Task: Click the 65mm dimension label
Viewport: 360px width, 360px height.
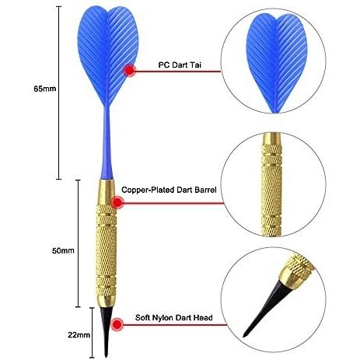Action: coord(45,89)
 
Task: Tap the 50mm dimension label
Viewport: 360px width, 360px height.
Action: coord(63,250)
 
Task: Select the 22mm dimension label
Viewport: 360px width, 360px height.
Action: coord(79,335)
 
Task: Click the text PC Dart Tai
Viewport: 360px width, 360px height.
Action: coord(180,65)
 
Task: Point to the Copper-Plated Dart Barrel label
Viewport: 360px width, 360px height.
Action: coord(169,190)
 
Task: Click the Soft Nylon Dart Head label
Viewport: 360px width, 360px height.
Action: coord(174,317)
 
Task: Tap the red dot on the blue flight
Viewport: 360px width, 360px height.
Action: coord(130,70)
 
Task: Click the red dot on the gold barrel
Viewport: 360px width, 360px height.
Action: coord(117,202)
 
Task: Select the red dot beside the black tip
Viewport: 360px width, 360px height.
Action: coord(117,324)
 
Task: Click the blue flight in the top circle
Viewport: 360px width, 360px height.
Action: coord(277,62)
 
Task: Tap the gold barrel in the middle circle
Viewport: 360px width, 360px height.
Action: coord(271,184)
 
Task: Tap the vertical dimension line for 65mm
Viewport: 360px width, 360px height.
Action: coord(59,93)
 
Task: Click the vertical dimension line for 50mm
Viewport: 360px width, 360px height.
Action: coord(79,243)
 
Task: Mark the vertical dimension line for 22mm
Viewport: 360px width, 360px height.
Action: coord(92,333)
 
